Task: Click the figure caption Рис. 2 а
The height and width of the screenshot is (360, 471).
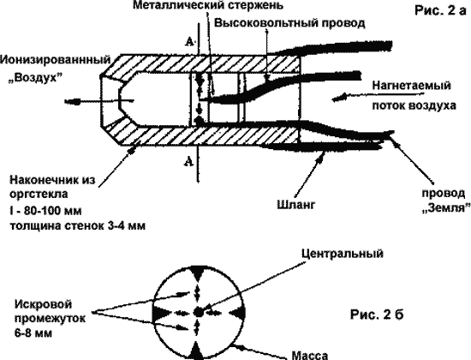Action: pyautogui.click(x=440, y=11)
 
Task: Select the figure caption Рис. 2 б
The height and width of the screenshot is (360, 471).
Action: pyautogui.click(x=377, y=315)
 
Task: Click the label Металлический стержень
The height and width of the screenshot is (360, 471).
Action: pyautogui.click(x=208, y=5)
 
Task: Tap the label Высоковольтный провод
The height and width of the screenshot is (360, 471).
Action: pyautogui.click(x=289, y=23)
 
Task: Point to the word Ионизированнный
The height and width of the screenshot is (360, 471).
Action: pyautogui.click(x=56, y=59)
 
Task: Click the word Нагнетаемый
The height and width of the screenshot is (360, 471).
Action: pyautogui.click(x=412, y=86)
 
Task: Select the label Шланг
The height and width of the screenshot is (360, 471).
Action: pyautogui.click(x=296, y=205)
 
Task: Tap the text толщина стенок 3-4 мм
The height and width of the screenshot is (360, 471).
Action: pyautogui.click(x=77, y=225)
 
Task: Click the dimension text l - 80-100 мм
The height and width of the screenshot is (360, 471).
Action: pyautogui.click(x=45, y=211)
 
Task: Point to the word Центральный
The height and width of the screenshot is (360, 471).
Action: pyautogui.click(x=343, y=254)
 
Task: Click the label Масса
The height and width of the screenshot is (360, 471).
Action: pyautogui.click(x=310, y=356)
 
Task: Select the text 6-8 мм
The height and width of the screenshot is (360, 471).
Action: pyautogui.click(x=33, y=333)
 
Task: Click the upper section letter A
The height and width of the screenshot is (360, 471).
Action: pyautogui.click(x=189, y=42)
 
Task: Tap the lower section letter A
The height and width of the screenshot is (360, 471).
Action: pyautogui.click(x=188, y=162)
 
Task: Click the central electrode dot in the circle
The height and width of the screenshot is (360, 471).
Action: pyautogui.click(x=197, y=312)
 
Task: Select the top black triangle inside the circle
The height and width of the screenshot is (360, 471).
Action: pyautogui.click(x=197, y=273)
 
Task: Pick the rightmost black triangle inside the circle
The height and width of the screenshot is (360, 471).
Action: pyautogui.click(x=236, y=314)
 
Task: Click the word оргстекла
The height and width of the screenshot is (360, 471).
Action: pyautogui.click(x=39, y=195)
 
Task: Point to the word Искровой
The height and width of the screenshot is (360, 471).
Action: pyautogui.click(x=44, y=304)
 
